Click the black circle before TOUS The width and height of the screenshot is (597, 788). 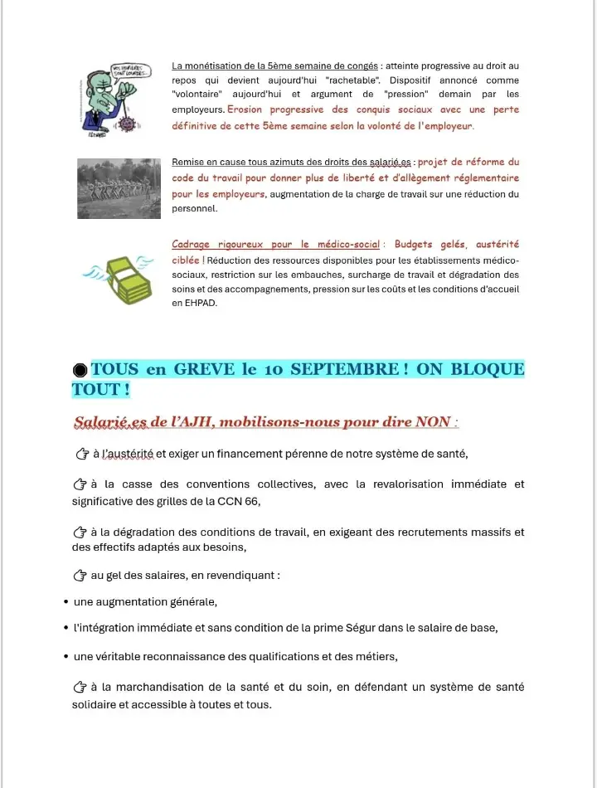(x=80, y=370)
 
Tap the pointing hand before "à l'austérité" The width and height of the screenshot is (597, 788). (x=81, y=454)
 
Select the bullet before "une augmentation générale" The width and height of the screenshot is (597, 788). (x=66, y=602)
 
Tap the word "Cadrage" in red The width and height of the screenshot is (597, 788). (x=192, y=245)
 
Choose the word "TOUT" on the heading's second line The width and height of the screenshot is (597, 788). (x=93, y=389)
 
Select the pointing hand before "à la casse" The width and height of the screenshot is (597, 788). (x=81, y=484)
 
